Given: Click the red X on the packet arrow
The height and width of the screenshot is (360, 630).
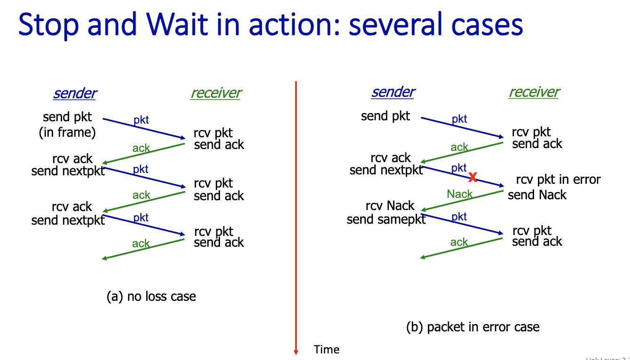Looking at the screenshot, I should [473, 177].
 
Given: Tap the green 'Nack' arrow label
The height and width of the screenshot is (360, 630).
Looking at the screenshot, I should [460, 194].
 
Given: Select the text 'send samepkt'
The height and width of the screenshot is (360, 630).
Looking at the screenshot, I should [386, 219].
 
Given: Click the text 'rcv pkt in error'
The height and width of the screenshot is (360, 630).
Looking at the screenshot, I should [558, 180].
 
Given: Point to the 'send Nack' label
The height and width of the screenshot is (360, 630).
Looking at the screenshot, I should [537, 195].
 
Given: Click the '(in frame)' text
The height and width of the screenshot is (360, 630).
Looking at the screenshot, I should [67, 133].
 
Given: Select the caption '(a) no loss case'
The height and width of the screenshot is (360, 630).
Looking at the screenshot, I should [151, 297].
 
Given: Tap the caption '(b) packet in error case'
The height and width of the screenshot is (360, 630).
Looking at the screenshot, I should [472, 327].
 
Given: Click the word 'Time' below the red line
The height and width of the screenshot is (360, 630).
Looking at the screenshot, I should [326, 350].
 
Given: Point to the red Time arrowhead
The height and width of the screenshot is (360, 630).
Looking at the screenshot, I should [296, 351].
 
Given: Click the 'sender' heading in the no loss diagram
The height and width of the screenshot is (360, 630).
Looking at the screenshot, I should [75, 93].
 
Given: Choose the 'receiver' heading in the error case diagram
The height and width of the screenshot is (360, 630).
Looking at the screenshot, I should [534, 92].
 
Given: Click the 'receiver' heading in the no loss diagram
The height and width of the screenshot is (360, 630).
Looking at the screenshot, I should [216, 93].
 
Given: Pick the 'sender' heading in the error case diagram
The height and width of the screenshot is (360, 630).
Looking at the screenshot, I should [393, 92].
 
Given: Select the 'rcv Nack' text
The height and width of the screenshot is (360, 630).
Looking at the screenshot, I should [390, 206].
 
